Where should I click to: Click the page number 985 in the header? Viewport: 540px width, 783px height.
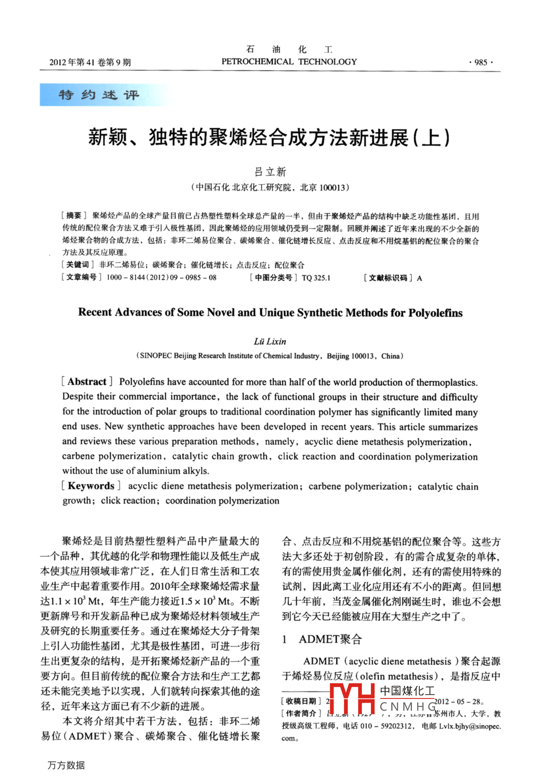click(x=481, y=62)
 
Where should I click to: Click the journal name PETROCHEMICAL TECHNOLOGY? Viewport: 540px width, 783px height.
click(x=289, y=61)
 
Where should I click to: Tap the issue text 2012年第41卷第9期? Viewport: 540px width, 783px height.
click(x=90, y=62)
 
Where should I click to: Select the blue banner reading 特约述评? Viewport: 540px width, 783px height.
click(x=99, y=95)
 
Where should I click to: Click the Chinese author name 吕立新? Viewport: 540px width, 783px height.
click(x=270, y=172)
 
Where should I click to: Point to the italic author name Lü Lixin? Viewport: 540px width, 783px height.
click(x=270, y=341)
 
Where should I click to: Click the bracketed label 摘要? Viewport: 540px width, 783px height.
click(x=74, y=216)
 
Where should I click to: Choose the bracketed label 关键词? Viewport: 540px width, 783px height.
click(x=77, y=265)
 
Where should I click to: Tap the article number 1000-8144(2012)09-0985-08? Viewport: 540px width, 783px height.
click(x=161, y=277)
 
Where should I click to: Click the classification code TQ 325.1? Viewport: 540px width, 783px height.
click(x=316, y=278)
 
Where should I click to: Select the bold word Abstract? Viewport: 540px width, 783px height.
click(x=87, y=382)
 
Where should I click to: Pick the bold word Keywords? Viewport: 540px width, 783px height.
click(x=91, y=486)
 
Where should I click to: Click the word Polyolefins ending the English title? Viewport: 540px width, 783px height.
click(x=435, y=313)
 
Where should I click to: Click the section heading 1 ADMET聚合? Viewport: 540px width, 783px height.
click(x=322, y=639)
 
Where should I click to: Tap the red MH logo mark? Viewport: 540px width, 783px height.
click(x=351, y=698)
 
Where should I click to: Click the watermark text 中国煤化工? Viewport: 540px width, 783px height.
click(x=408, y=691)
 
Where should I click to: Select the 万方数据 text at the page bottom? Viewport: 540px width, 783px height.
click(x=66, y=765)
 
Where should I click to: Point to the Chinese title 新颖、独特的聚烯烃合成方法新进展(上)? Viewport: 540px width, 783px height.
click(x=269, y=138)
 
